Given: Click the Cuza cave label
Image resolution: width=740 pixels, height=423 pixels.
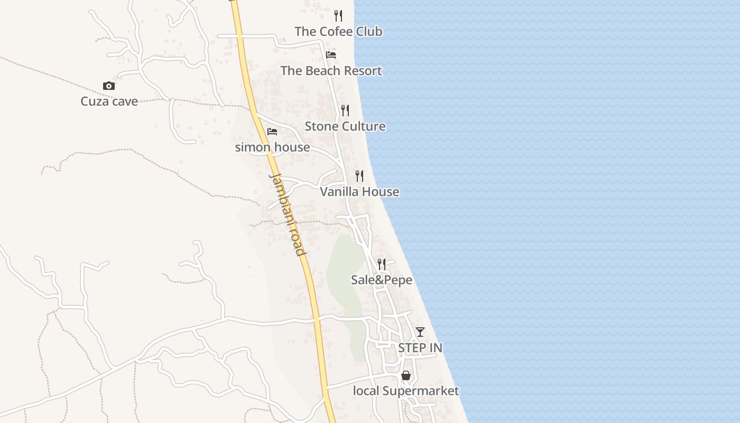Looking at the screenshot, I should click(109, 101).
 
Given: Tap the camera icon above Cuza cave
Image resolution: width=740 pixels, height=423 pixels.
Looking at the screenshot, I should click(108, 86).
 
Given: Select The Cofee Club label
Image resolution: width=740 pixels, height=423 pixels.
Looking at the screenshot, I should click(338, 31).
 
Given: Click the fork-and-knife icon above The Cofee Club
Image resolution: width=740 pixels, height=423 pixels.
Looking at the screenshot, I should click(338, 15).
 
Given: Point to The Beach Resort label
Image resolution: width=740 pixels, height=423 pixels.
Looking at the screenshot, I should click(331, 71).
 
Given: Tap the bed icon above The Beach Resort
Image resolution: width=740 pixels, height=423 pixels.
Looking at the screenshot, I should click(331, 54).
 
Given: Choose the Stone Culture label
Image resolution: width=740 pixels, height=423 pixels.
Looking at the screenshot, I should click(345, 126).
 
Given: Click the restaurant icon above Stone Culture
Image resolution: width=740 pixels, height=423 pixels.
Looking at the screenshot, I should click(345, 110).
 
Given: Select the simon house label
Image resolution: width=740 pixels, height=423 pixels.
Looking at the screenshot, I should click(272, 147).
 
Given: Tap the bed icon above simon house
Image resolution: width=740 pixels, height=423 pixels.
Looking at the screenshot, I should click(272, 131).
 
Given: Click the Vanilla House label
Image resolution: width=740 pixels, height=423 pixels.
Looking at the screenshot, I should click(359, 191).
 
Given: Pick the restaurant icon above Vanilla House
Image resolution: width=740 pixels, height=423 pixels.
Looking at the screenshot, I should click(359, 176).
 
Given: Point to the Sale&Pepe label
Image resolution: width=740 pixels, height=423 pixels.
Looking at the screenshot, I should click(381, 280).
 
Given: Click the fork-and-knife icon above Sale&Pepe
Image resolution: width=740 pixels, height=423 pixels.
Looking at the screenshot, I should click(381, 264).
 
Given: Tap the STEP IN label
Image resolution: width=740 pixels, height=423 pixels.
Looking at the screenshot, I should click(420, 348).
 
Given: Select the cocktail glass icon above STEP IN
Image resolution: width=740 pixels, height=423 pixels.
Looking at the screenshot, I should click(420, 332).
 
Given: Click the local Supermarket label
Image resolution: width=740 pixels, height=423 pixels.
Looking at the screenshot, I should click(406, 391).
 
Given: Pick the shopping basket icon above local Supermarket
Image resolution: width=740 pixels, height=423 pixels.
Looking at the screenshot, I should click(406, 375).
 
